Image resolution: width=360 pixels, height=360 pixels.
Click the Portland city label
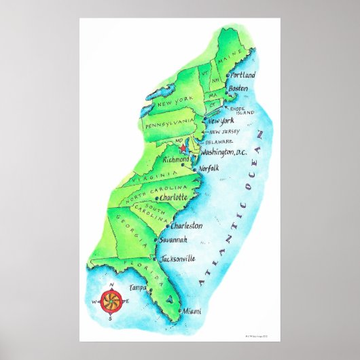click(x=243, y=75)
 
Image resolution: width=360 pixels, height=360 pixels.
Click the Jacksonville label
click(x=179, y=258)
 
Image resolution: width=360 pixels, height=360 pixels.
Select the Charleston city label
click(x=186, y=225)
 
